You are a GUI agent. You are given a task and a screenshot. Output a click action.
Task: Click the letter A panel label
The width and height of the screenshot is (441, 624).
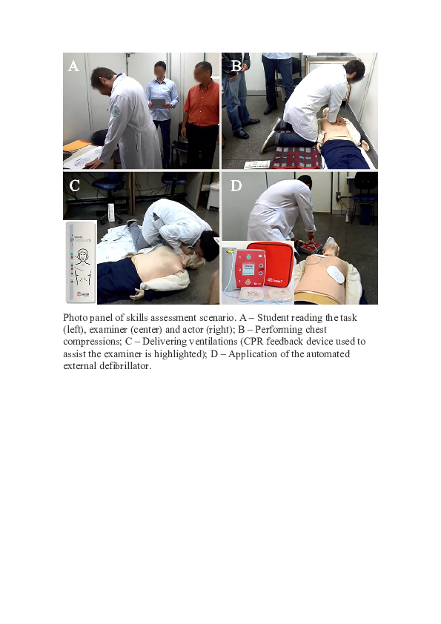click(x=73, y=67)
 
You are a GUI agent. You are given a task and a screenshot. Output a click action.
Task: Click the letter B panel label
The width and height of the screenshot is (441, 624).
click(x=236, y=67)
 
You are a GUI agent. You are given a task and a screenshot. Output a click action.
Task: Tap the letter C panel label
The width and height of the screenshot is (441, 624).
click(x=75, y=186)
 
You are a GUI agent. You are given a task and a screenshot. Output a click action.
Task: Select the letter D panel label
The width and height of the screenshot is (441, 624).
click(x=236, y=186)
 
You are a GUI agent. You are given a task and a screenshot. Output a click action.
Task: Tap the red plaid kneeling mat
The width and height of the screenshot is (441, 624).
click(x=291, y=159)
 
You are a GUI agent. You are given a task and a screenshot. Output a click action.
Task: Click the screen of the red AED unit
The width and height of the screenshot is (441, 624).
click(x=249, y=268)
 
